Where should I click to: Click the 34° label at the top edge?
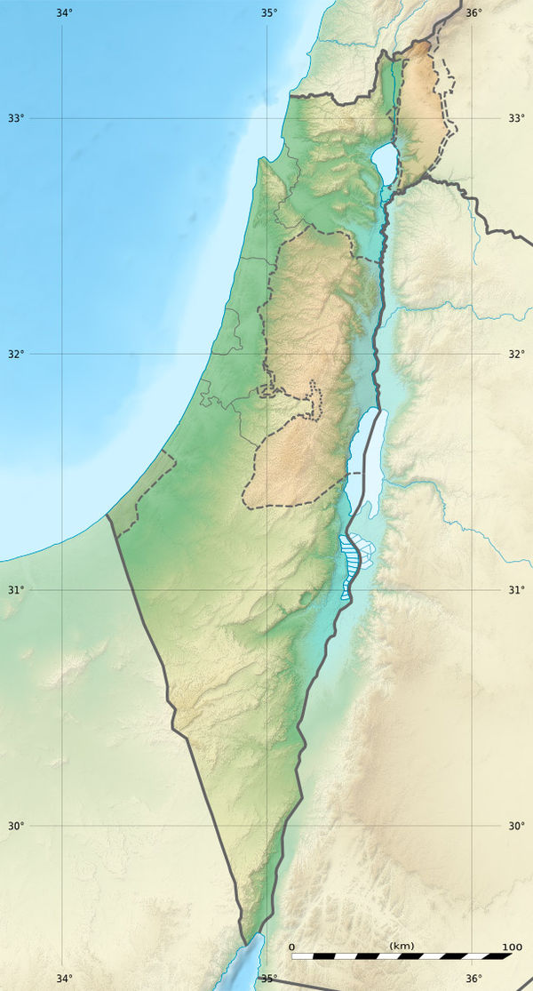click(x=64, y=12)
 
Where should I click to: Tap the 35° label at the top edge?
click(x=269, y=12)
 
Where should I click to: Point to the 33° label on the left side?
click(x=17, y=118)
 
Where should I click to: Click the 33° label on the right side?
click(x=516, y=118)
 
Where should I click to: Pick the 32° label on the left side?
click(x=17, y=354)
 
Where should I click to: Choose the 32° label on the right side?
click(x=516, y=354)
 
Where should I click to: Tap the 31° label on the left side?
click(x=17, y=590)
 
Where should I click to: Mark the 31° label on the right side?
click(x=516, y=590)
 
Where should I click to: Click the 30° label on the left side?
click(x=17, y=826)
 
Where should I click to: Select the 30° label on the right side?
click(x=516, y=826)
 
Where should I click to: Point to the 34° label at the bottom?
click(x=64, y=979)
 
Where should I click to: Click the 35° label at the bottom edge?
click(x=269, y=979)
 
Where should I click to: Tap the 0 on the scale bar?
click(x=292, y=947)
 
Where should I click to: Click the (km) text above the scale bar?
click(x=402, y=946)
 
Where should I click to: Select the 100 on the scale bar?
click(x=512, y=947)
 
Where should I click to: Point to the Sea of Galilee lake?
click(x=386, y=162)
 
